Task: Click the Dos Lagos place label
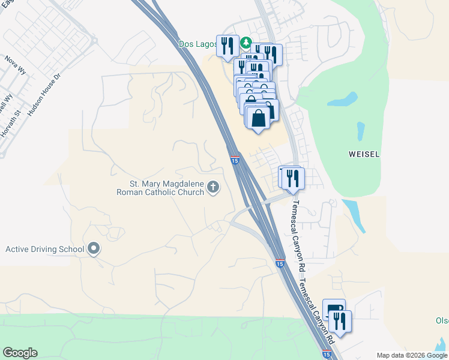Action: [196, 44]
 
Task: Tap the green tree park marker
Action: [246, 43]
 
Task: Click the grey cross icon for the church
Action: [212, 188]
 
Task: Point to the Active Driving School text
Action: [44, 249]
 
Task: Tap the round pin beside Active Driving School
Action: [93, 248]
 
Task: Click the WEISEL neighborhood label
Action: [364, 154]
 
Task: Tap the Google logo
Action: [20, 353]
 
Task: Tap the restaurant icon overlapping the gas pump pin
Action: [340, 322]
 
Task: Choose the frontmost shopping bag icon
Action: [259, 117]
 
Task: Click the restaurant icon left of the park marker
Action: [228, 47]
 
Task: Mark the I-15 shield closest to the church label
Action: [235, 160]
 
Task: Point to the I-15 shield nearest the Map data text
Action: [326, 354]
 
